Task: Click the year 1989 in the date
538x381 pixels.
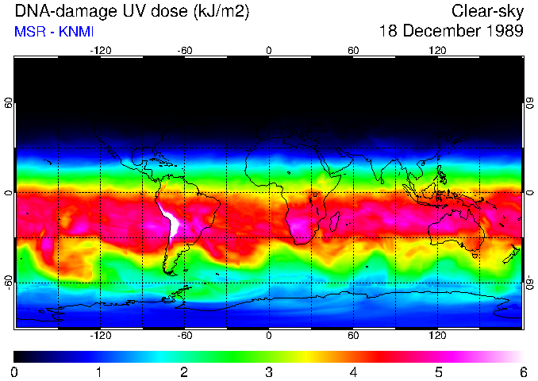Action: point(505,32)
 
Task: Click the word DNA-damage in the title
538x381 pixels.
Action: point(55,11)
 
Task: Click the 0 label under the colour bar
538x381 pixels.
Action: point(15,371)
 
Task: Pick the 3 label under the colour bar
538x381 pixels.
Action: point(269,371)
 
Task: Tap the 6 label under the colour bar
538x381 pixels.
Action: point(523,371)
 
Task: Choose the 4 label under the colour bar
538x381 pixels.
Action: point(354,371)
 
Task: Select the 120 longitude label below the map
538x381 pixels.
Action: point(437,336)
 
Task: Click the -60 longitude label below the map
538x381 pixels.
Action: point(185,336)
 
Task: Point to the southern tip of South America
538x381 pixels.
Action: point(169,272)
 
